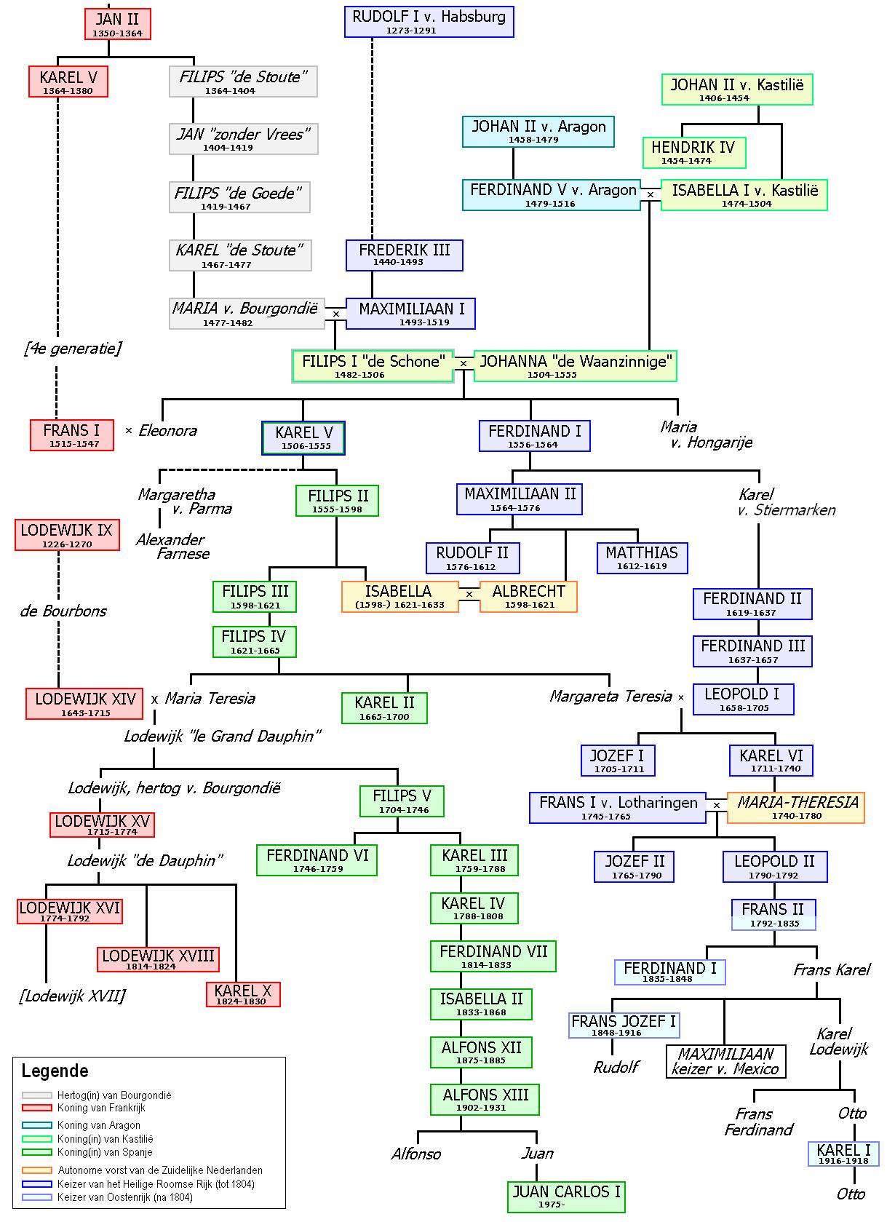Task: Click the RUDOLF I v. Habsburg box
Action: tap(429, 22)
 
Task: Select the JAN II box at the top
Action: tap(117, 24)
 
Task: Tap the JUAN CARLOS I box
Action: tap(566, 1197)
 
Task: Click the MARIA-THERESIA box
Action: tap(796, 807)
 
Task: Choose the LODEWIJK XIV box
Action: tap(85, 703)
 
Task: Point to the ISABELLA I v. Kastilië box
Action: tap(744, 195)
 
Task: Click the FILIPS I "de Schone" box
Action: tap(372, 366)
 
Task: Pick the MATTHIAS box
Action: tap(641, 558)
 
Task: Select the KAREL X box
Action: tap(243, 994)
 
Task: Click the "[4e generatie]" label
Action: tap(72, 349)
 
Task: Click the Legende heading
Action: tap(55, 1071)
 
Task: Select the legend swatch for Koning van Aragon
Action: tap(37, 1125)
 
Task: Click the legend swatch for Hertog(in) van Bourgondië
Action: tap(37, 1095)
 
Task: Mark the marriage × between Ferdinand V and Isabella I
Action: tap(650, 194)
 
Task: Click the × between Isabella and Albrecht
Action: tap(469, 595)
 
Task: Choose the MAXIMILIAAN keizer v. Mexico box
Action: tap(725, 1062)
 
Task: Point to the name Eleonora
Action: tap(167, 431)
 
